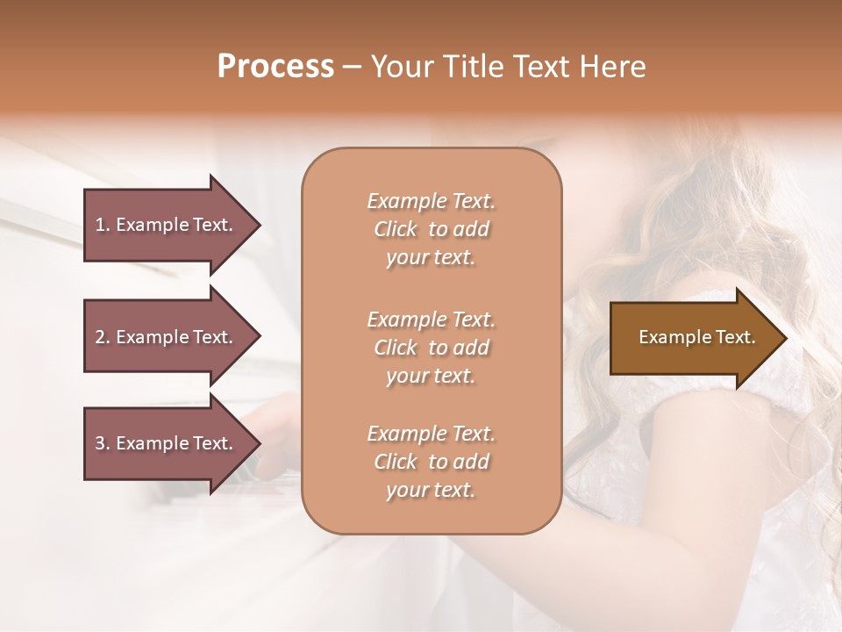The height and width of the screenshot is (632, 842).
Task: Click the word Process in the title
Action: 275,66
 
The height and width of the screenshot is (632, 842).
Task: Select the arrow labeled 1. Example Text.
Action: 165,225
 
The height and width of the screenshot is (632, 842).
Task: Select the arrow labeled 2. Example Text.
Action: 165,337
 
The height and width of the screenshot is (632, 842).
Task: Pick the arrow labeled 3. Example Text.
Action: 165,443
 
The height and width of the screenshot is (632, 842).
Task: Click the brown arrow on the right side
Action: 693,337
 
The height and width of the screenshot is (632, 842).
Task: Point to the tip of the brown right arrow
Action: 785,337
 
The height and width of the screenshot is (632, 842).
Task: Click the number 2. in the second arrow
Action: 102,337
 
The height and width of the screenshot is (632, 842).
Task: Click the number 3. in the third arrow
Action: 102,443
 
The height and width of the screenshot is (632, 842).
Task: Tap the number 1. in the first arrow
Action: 102,225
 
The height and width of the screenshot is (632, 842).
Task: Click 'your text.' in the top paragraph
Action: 431,258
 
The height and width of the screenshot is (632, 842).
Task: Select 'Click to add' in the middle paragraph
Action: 431,348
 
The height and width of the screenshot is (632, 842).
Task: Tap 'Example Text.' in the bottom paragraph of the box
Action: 431,434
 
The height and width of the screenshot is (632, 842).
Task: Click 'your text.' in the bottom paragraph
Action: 431,491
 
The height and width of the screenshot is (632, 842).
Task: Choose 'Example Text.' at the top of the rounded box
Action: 431,201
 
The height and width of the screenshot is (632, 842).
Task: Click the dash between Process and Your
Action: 353,67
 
